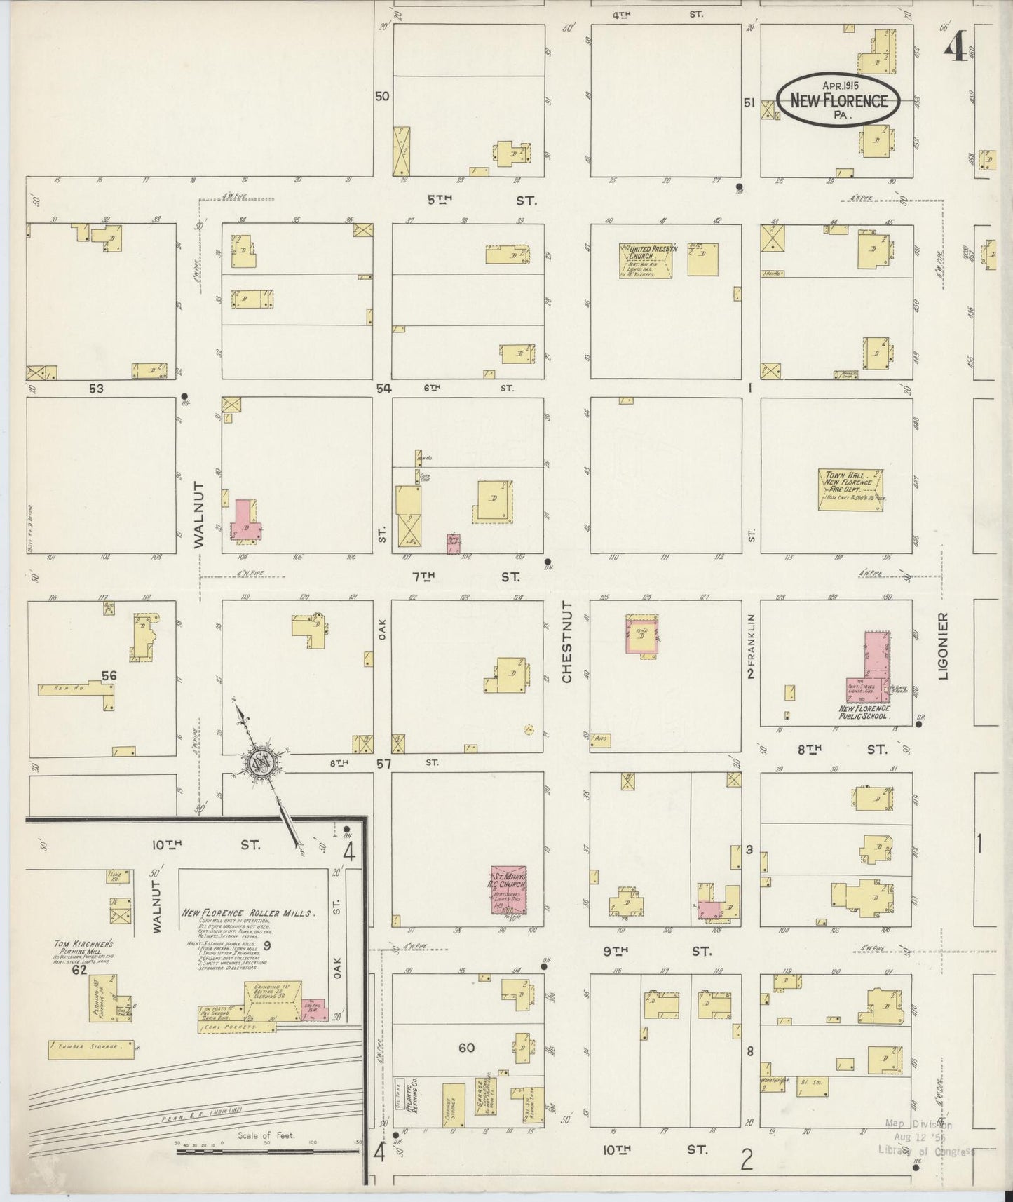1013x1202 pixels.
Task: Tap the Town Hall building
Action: (850, 489)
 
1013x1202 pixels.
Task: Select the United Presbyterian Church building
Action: (645, 260)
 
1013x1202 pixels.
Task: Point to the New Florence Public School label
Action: (864, 712)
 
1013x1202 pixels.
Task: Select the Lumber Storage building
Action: (91, 1050)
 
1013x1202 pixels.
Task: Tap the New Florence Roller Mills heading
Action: (248, 912)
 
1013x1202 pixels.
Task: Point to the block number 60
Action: (466, 1048)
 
